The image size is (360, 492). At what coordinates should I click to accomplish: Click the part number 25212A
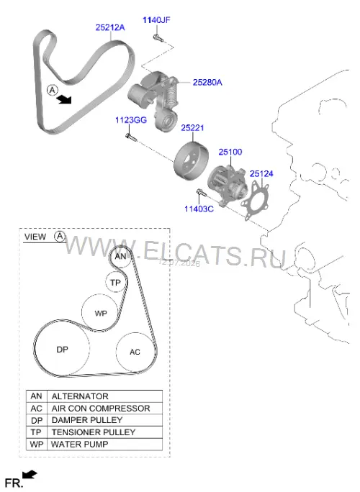(x=110, y=27)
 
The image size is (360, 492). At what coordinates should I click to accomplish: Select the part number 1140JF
(x=156, y=20)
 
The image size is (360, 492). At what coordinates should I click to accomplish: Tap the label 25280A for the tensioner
(x=207, y=82)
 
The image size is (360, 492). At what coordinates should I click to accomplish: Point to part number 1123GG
(x=131, y=120)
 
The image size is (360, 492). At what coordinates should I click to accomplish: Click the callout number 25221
(x=192, y=128)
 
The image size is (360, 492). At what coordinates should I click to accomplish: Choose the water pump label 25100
(x=230, y=152)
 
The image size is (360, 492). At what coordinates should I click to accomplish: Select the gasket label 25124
(x=261, y=173)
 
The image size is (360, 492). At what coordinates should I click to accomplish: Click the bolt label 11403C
(x=199, y=209)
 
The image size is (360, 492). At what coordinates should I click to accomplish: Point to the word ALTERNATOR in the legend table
(x=80, y=396)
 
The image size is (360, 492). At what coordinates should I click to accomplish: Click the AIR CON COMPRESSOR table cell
(x=104, y=409)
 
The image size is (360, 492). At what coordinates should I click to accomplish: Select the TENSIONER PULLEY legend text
(x=94, y=432)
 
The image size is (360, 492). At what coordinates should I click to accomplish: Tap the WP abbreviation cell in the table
(x=37, y=444)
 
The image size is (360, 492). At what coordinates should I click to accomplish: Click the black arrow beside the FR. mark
(x=30, y=475)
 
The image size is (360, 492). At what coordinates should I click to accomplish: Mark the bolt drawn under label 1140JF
(x=158, y=38)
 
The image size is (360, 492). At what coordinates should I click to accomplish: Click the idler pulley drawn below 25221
(x=190, y=160)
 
